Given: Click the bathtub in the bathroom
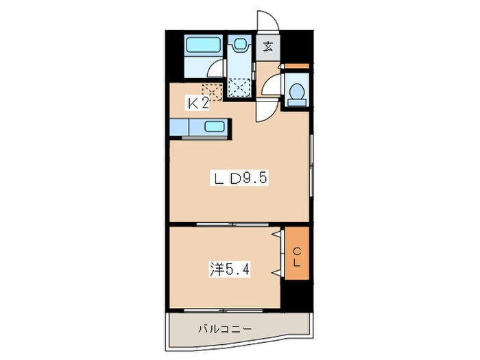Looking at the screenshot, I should click(x=203, y=47).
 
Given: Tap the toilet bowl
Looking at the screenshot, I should click(x=296, y=93).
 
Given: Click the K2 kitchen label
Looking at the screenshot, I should click(x=199, y=104).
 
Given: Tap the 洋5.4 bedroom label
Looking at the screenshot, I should click(x=230, y=269).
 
